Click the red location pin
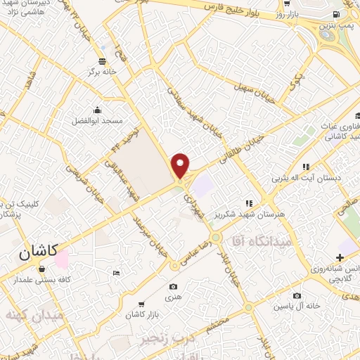click(181, 165)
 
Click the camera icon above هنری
click(174, 287)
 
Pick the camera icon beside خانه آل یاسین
click(297, 295)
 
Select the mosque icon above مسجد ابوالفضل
click(97, 110)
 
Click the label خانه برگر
click(100, 72)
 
